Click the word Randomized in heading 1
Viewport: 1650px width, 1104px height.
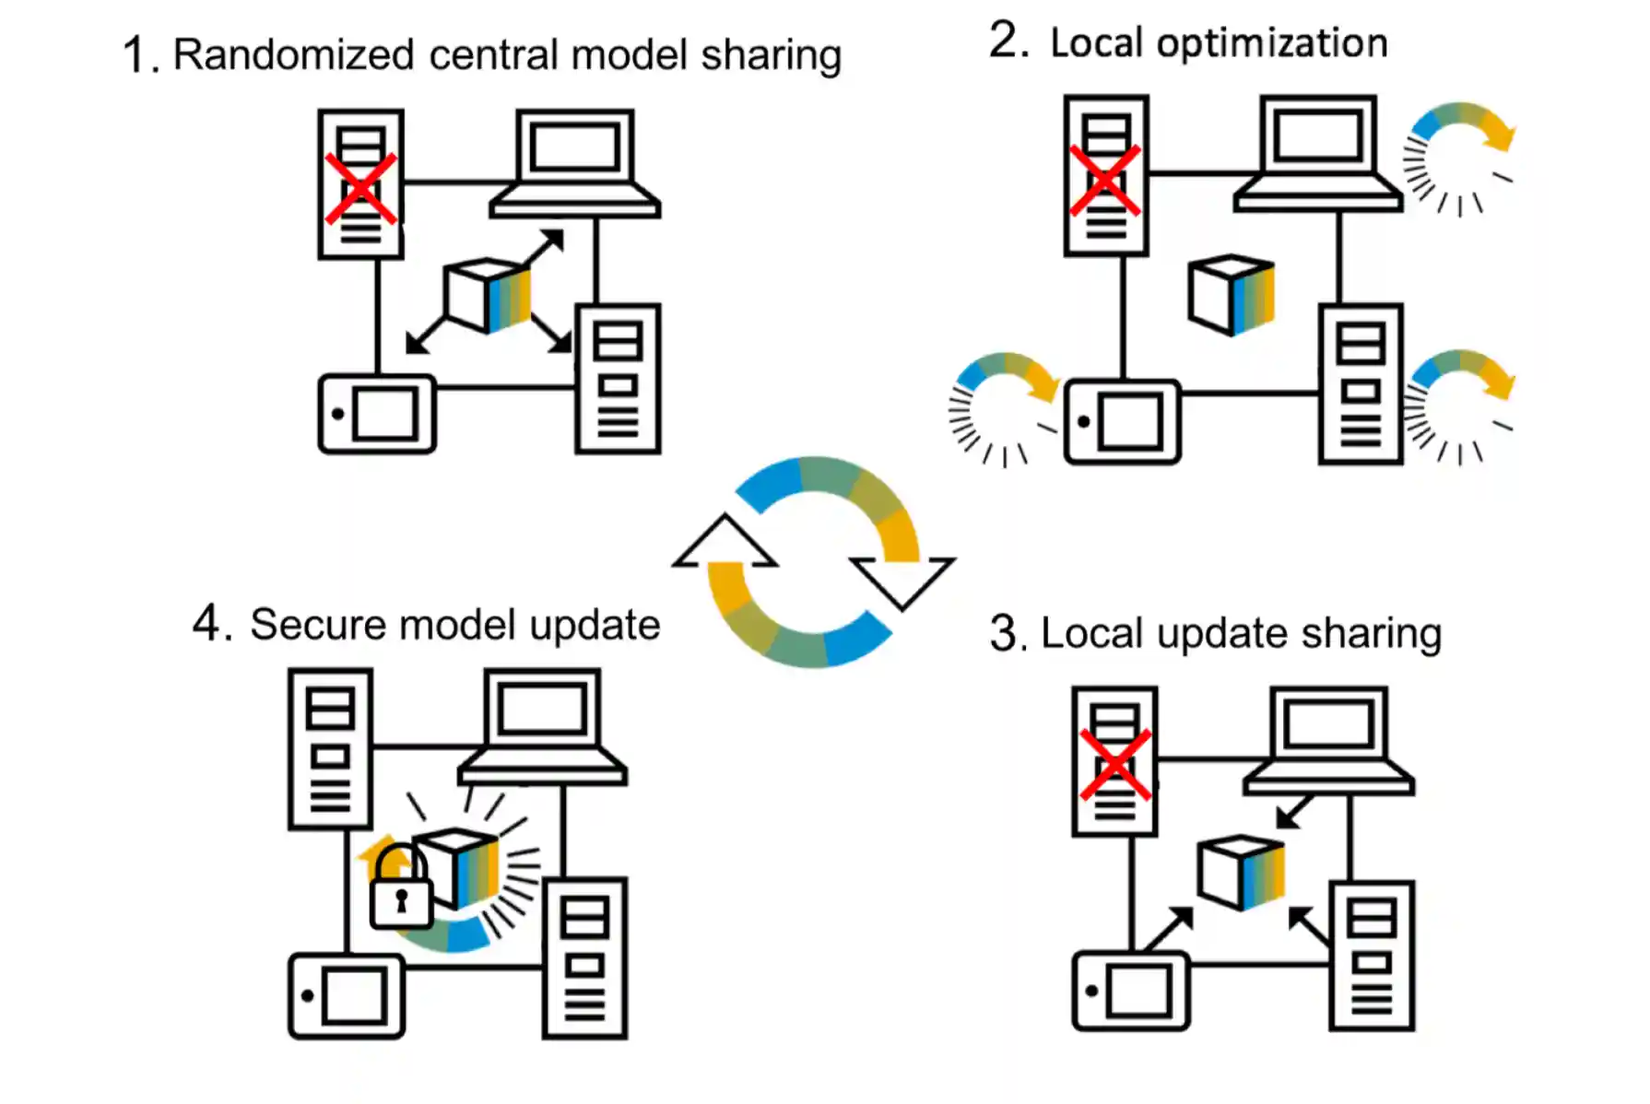point(293,55)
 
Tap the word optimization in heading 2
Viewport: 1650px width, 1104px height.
point(1272,44)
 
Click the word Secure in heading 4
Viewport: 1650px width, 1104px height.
point(318,626)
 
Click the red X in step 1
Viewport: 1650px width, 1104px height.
point(360,188)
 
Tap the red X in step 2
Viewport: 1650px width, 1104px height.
point(1105,180)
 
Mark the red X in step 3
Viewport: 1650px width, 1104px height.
point(1115,765)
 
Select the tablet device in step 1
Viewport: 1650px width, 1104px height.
point(377,414)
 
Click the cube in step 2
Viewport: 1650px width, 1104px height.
point(1232,294)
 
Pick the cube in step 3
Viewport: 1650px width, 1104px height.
point(1241,872)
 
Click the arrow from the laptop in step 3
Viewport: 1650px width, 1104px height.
point(1294,811)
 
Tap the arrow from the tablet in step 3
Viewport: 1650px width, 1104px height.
point(1169,928)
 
